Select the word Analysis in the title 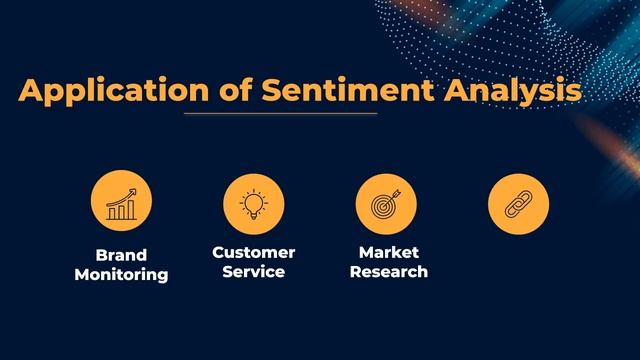pyautogui.click(x=511, y=92)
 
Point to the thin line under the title pyautogui.click(x=279, y=113)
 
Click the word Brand pyautogui.click(x=121, y=254)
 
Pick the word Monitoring pyautogui.click(x=121, y=274)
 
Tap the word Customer pyautogui.click(x=254, y=252)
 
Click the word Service pyautogui.click(x=254, y=272)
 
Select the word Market pyautogui.click(x=390, y=252)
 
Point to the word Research pyautogui.click(x=390, y=272)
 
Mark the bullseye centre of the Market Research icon pyautogui.click(x=384, y=204)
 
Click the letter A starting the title pyautogui.click(x=31, y=92)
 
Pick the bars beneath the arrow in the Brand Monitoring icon pyautogui.click(x=122, y=210)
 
